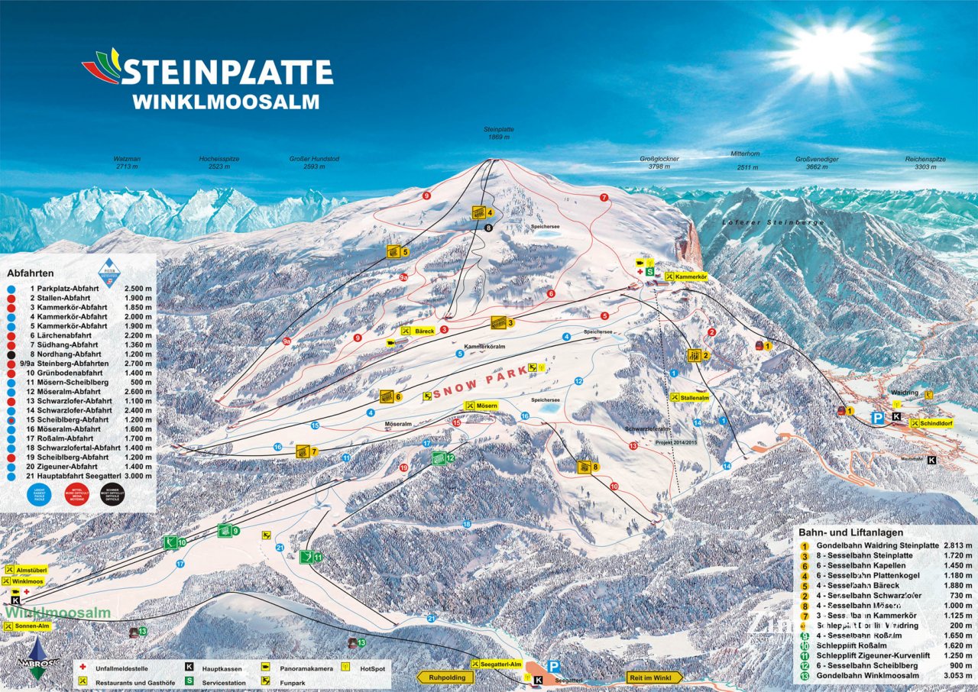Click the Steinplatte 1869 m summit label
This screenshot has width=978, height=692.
pos(496,133)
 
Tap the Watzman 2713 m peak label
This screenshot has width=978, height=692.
pos(128,162)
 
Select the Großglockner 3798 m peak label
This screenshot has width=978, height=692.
pos(659,162)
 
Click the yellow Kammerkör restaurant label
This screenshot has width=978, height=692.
pos(688,276)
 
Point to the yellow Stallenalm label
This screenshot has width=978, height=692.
pos(689,396)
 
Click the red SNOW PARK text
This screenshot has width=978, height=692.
pos(481,380)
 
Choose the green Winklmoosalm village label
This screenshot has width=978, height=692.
pos(58,613)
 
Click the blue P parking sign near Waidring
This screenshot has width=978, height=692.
pos(879,418)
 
